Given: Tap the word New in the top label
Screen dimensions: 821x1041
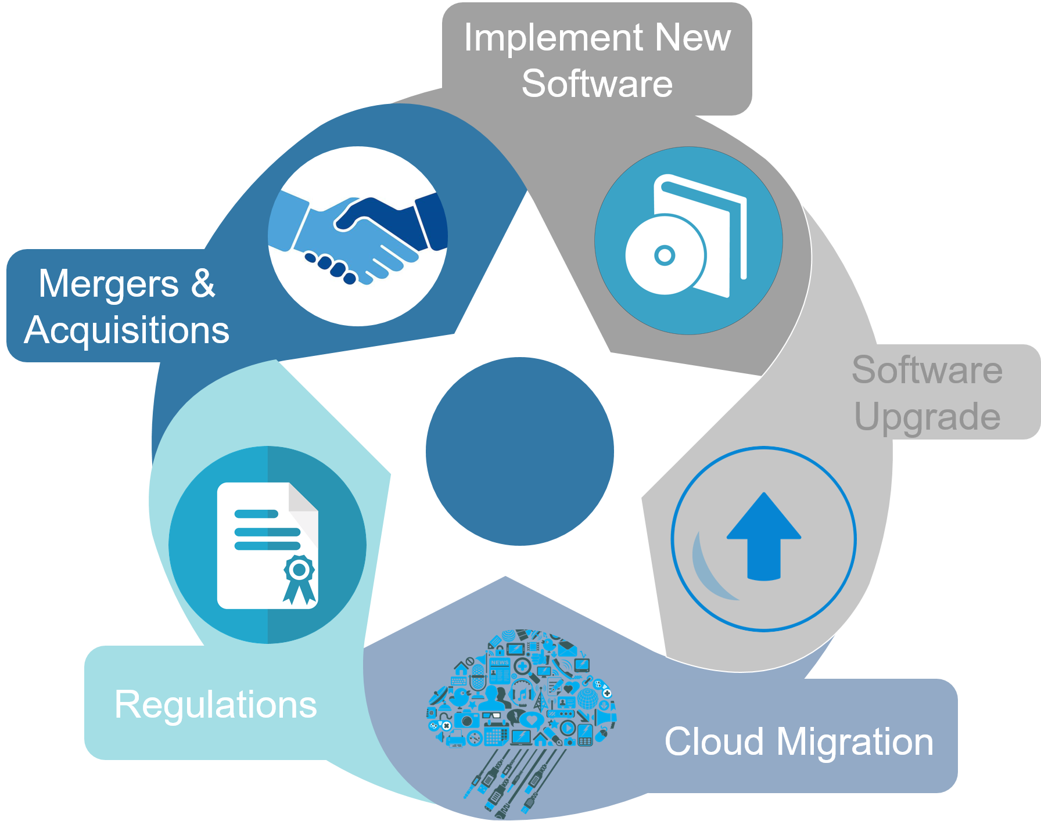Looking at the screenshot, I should coord(692,38).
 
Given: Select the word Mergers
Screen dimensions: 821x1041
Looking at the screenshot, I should coord(109,284).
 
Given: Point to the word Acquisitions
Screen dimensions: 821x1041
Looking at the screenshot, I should coord(127,330).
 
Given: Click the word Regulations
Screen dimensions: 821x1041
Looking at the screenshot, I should coord(216,705).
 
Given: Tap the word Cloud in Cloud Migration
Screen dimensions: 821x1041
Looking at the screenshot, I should coord(714,742).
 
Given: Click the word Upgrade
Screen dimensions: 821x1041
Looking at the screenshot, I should coord(928,417).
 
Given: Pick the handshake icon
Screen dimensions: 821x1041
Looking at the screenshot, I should coord(358,237).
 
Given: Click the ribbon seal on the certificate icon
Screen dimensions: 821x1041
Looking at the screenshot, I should coord(299,578).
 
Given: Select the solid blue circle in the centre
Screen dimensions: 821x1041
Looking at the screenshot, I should coord(520,451).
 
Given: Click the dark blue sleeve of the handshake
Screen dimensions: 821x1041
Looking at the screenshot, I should coord(433,221).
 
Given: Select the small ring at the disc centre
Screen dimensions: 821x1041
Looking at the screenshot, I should coord(665,255).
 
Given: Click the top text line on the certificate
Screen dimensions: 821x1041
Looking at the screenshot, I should coord(256,514).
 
